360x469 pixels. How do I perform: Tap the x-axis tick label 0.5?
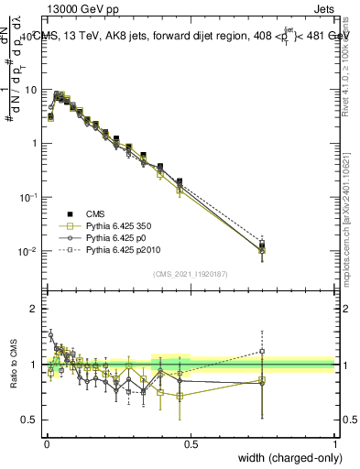[x=191, y=443]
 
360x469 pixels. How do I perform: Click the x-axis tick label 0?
[x=46, y=443]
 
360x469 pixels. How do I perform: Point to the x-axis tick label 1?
[x=335, y=443]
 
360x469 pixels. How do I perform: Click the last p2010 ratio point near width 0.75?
[x=262, y=351]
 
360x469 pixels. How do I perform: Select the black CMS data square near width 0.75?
[x=262, y=245]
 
